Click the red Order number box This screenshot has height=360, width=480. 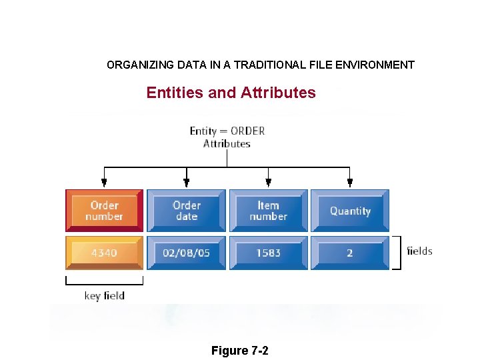(x=104, y=211)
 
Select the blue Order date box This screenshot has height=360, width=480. (x=187, y=211)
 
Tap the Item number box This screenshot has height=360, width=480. (x=269, y=211)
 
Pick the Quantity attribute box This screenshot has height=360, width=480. (x=350, y=211)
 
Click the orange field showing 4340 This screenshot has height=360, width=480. (x=104, y=253)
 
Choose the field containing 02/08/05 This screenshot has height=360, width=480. (x=187, y=253)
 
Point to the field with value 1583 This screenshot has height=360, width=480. (x=269, y=253)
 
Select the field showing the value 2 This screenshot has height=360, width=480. (x=350, y=253)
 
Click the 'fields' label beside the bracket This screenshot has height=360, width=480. (x=419, y=251)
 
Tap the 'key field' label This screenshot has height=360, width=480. (x=104, y=295)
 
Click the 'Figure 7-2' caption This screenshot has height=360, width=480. (x=239, y=351)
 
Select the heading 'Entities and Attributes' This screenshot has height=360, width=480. (x=231, y=93)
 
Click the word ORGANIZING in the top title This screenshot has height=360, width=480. (x=141, y=65)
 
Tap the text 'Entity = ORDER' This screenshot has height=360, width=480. (x=227, y=131)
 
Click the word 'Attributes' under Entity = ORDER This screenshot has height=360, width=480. (x=227, y=143)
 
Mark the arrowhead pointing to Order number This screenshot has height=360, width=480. (x=104, y=181)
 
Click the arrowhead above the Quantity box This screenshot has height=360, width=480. (x=350, y=181)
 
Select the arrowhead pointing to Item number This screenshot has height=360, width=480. (x=269, y=181)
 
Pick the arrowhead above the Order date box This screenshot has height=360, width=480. (x=187, y=181)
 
